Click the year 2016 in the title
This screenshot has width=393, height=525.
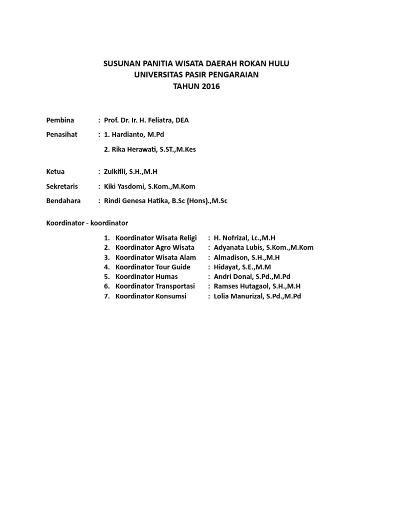(210, 86)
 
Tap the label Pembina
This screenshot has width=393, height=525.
(60, 120)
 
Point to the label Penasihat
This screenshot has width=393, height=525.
(62, 134)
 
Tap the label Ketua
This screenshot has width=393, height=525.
(56, 171)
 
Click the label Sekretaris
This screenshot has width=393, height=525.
(63, 186)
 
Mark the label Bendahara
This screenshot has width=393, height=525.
(63, 201)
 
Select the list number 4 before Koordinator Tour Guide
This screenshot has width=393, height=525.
(106, 267)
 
